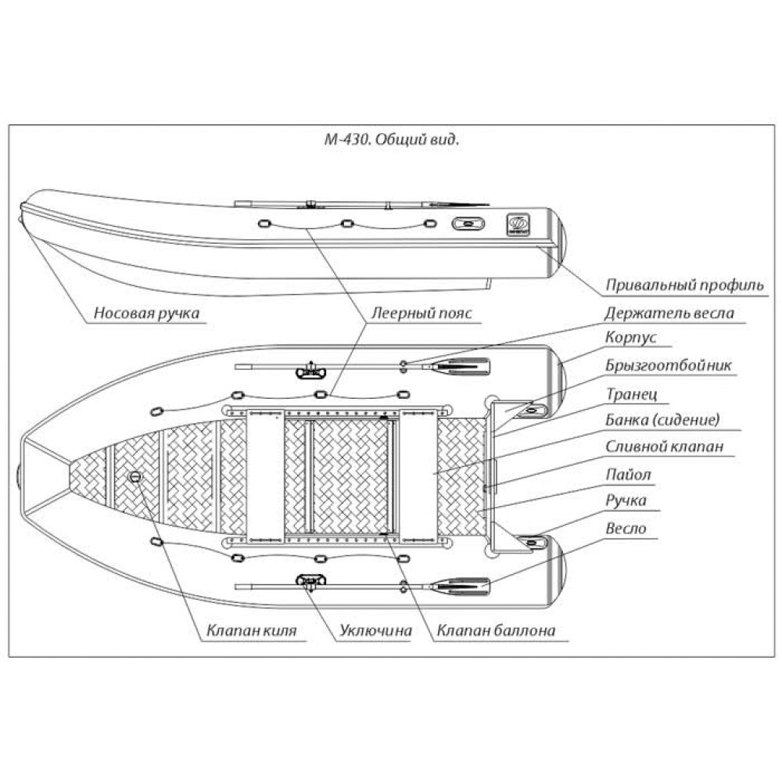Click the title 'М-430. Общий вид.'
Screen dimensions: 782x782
point(391,142)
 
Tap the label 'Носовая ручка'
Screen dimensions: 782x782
point(146,314)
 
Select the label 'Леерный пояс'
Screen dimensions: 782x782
point(422,314)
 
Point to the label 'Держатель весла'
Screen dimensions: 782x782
point(669,314)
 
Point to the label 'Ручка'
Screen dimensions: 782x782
point(626,500)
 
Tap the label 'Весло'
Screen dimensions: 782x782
point(626,528)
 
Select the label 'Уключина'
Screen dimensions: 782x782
point(375,630)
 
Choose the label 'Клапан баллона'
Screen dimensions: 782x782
point(496,630)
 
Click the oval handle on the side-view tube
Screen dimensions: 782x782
point(468,224)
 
